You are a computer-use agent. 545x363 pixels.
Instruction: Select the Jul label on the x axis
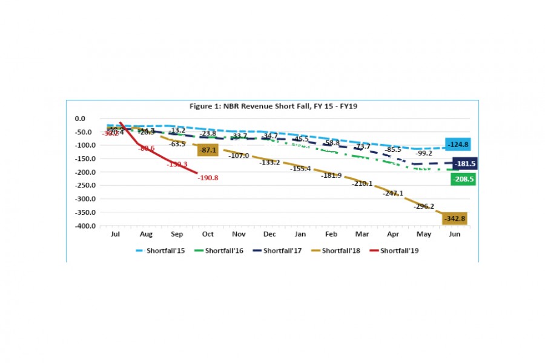(x=114, y=234)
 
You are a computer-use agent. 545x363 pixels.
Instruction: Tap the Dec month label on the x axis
(x=269, y=234)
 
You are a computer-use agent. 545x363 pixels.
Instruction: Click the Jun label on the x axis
(x=454, y=234)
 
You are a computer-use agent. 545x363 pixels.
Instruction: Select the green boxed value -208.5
(x=463, y=179)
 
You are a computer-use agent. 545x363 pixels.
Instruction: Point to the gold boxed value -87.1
(x=207, y=150)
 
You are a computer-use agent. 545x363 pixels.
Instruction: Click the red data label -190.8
(x=208, y=178)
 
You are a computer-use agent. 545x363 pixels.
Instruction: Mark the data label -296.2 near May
(x=424, y=206)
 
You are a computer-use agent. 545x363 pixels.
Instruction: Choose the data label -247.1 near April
(x=392, y=194)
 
